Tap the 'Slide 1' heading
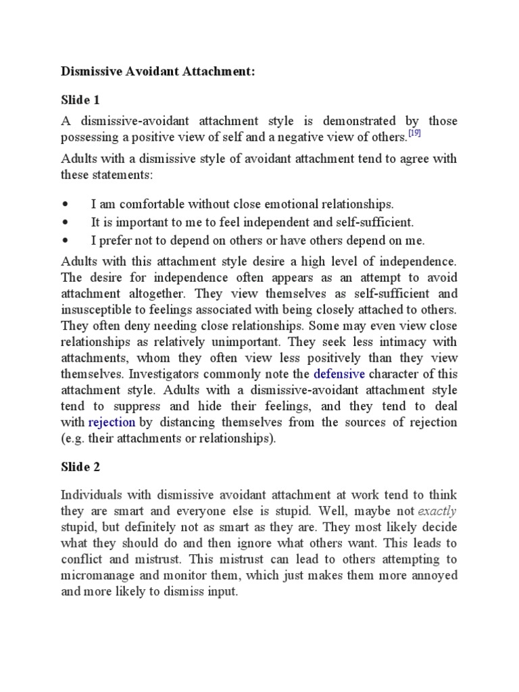pos(80,100)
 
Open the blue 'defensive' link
pos(339,374)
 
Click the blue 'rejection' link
pos(112,422)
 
